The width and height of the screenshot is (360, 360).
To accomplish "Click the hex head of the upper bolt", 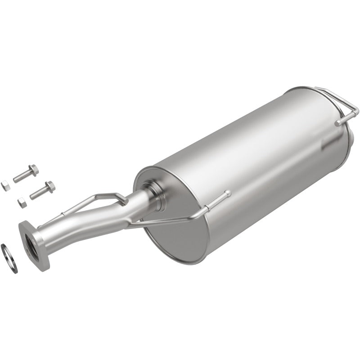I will coord(33,171).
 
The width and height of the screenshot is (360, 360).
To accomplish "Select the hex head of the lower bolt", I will coord(49,186).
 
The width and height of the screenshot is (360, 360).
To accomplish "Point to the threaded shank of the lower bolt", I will coord(39,193).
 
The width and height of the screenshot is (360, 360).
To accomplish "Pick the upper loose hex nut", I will coord(5,184).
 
